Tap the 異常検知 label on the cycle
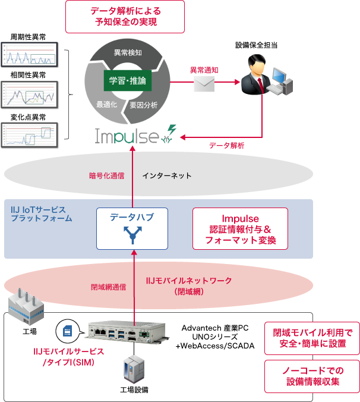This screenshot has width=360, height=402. (x=127, y=52)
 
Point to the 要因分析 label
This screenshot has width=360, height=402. (x=144, y=105)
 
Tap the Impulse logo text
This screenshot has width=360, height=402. (x=127, y=136)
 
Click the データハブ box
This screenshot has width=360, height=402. (x=132, y=228)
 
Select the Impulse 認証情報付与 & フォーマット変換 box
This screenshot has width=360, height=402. (x=240, y=230)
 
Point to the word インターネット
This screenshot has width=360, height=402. (x=167, y=175)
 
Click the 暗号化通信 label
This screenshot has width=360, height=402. (x=107, y=175)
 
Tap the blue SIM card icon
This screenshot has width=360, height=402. (x=67, y=330)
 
